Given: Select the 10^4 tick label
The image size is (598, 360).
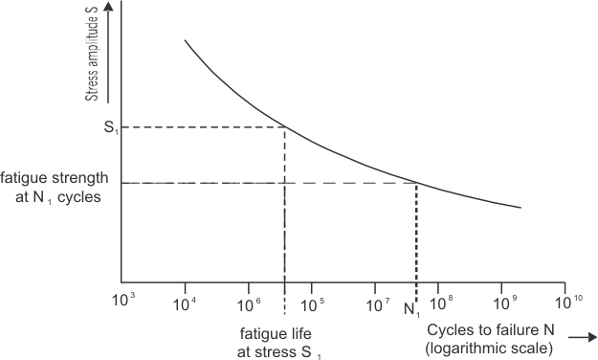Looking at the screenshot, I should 187,305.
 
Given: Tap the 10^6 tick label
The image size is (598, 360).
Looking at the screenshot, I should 250,305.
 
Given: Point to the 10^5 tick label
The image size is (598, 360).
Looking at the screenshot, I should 314,305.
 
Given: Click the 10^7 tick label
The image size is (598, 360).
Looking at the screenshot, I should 377,305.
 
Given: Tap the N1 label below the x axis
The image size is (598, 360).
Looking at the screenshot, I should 412,309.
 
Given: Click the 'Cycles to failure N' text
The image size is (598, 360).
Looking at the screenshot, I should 486,331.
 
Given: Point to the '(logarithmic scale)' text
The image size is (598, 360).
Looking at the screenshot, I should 489,349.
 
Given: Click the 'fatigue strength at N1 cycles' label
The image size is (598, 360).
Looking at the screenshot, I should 55,188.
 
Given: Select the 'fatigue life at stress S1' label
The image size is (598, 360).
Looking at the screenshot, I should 281,343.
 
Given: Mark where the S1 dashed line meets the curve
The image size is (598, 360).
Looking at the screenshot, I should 285,127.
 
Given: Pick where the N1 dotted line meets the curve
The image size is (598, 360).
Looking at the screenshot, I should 416,182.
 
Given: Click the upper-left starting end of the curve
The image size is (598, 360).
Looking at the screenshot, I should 185,40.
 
